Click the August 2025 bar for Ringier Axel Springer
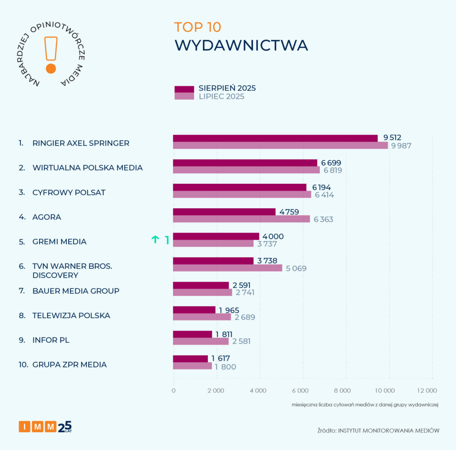point(275,138)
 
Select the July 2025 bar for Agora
point(241,219)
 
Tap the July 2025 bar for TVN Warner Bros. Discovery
point(228,268)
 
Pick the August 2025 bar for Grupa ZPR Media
point(191,359)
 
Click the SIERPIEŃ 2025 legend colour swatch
point(184,89)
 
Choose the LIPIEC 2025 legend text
point(221,97)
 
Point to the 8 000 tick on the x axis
point(342,391)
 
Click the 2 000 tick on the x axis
point(216,391)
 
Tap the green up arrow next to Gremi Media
point(155,240)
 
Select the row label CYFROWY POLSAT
point(69,192)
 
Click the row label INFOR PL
point(51,340)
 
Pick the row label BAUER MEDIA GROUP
point(76,291)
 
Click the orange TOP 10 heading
point(197,27)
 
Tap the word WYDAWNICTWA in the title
point(241,45)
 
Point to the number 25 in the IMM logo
point(65,426)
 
